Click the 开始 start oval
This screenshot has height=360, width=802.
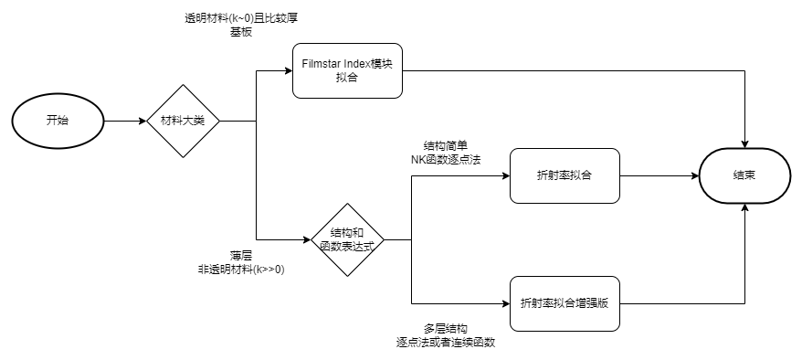[57, 121]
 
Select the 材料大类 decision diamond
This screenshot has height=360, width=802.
[184, 121]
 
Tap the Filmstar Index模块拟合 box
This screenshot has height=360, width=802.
[347, 71]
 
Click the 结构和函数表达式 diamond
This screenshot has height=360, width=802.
[347, 240]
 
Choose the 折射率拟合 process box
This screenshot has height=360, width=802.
[565, 175]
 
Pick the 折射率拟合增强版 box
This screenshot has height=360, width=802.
[565, 302]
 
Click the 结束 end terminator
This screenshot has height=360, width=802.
[745, 175]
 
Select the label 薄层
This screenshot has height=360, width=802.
[241, 256]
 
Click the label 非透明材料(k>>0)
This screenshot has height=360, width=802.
[241, 270]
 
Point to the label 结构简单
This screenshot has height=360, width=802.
[446, 146]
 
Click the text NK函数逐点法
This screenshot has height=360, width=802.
[446, 160]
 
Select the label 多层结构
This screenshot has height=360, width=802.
[447, 328]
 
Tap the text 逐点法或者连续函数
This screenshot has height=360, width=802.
[447, 342]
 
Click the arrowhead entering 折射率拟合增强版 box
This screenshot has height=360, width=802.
[505, 302]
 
